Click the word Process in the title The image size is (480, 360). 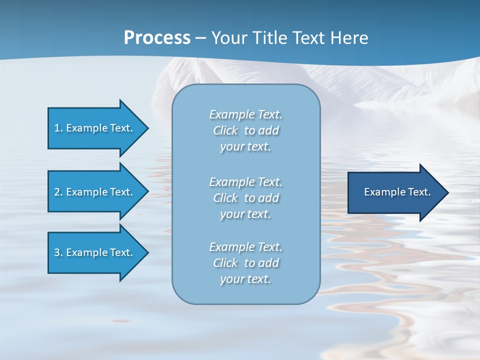coord(157,38)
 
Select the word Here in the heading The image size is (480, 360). coord(349,38)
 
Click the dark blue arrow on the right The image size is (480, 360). coord(395,192)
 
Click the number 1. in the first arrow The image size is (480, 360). coord(58,128)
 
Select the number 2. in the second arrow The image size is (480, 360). coord(58,192)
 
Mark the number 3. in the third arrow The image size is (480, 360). coord(58,252)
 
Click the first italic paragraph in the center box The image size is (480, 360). coord(245,130)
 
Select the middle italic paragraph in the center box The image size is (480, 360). coord(245,198)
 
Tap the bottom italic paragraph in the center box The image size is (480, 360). coord(245,263)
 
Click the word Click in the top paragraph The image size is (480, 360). coord(225,130)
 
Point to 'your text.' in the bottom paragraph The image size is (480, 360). coord(245,279)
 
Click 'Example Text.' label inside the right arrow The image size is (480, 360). coord(397,192)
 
